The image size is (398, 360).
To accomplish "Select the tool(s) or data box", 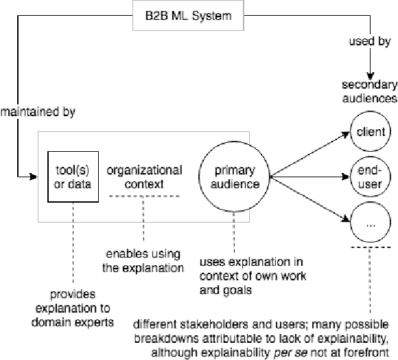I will [69, 177].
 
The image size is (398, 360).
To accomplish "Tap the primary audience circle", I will [233, 177].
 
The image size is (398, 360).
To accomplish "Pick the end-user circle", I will [369, 177].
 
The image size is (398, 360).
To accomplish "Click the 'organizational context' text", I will [144, 177].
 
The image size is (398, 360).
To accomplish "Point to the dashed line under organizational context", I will [144, 196].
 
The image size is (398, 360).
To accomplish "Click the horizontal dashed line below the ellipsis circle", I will [370, 248].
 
